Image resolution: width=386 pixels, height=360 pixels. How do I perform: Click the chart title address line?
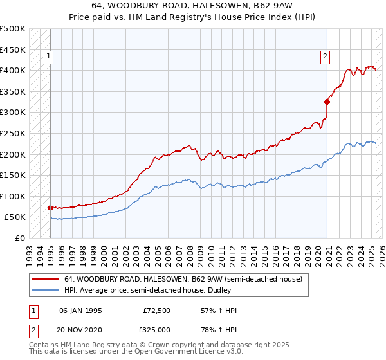coord(193,6)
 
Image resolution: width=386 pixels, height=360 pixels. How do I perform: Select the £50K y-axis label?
coord(15,217)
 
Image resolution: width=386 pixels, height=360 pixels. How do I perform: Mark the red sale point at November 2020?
coord(327,101)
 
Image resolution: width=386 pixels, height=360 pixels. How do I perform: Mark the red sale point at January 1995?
coord(50,208)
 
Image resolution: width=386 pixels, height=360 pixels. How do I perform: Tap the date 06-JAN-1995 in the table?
coord(80,310)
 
